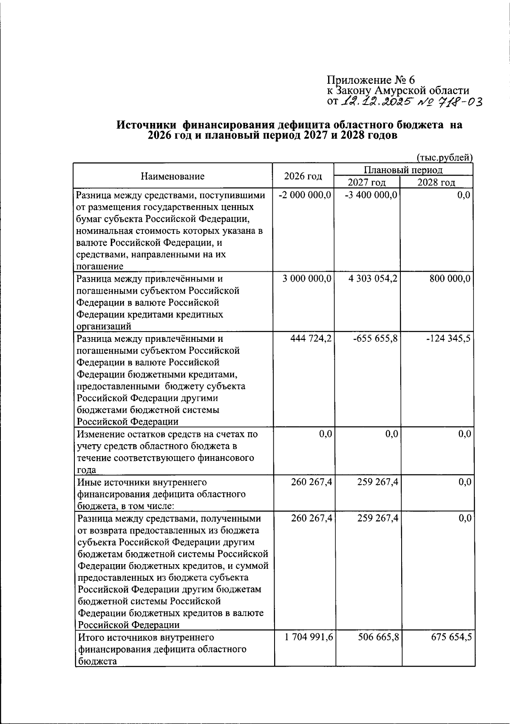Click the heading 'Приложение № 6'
pos(370,80)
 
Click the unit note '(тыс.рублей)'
pos(445,158)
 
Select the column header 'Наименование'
pos(173,176)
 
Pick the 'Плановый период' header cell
pos(403,170)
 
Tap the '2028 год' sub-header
pos(436,183)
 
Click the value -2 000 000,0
pos(304,195)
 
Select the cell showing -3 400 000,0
pos(371,195)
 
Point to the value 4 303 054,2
pos(373,279)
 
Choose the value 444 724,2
pos(311,339)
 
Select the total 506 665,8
pos(378,638)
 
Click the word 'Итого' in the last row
pos(90,638)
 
